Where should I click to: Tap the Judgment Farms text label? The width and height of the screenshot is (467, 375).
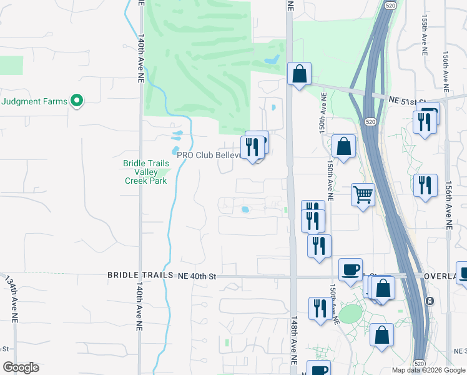pyautogui.click(x=34, y=101)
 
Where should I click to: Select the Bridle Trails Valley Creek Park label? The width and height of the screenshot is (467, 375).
pyautogui.click(x=145, y=172)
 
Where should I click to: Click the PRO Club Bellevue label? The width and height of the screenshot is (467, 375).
pyautogui.click(x=209, y=155)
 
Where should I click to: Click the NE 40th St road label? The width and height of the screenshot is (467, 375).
pyautogui.click(x=197, y=275)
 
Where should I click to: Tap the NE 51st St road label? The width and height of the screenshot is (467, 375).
pyautogui.click(x=406, y=100)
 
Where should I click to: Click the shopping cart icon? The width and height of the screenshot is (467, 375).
pyautogui.click(x=362, y=195)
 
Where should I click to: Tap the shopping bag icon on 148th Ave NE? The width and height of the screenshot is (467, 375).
pyautogui.click(x=300, y=74)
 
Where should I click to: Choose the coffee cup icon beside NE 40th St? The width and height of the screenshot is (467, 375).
pyautogui.click(x=350, y=269)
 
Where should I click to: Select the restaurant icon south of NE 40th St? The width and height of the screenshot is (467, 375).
pyautogui.click(x=320, y=309)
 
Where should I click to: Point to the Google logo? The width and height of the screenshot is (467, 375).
pyautogui.click(x=21, y=367)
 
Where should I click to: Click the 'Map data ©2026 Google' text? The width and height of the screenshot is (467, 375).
pyautogui.click(x=428, y=370)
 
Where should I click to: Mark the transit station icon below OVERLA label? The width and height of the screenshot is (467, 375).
pyautogui.click(x=430, y=301)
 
